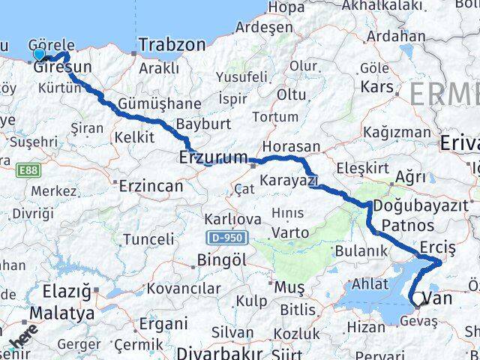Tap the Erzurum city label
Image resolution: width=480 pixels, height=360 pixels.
[x=213, y=157]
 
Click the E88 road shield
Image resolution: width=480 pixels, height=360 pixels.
[x=27, y=171]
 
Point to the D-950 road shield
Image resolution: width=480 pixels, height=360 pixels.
[x=223, y=237]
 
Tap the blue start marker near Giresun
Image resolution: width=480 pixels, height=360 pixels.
[x=40, y=54]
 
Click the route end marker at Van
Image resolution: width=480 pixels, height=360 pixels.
[x=418, y=301]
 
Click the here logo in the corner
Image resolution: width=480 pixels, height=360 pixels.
[x=20, y=339]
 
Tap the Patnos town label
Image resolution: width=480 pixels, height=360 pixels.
[x=407, y=225]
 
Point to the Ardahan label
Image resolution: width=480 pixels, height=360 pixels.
[x=396, y=35]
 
